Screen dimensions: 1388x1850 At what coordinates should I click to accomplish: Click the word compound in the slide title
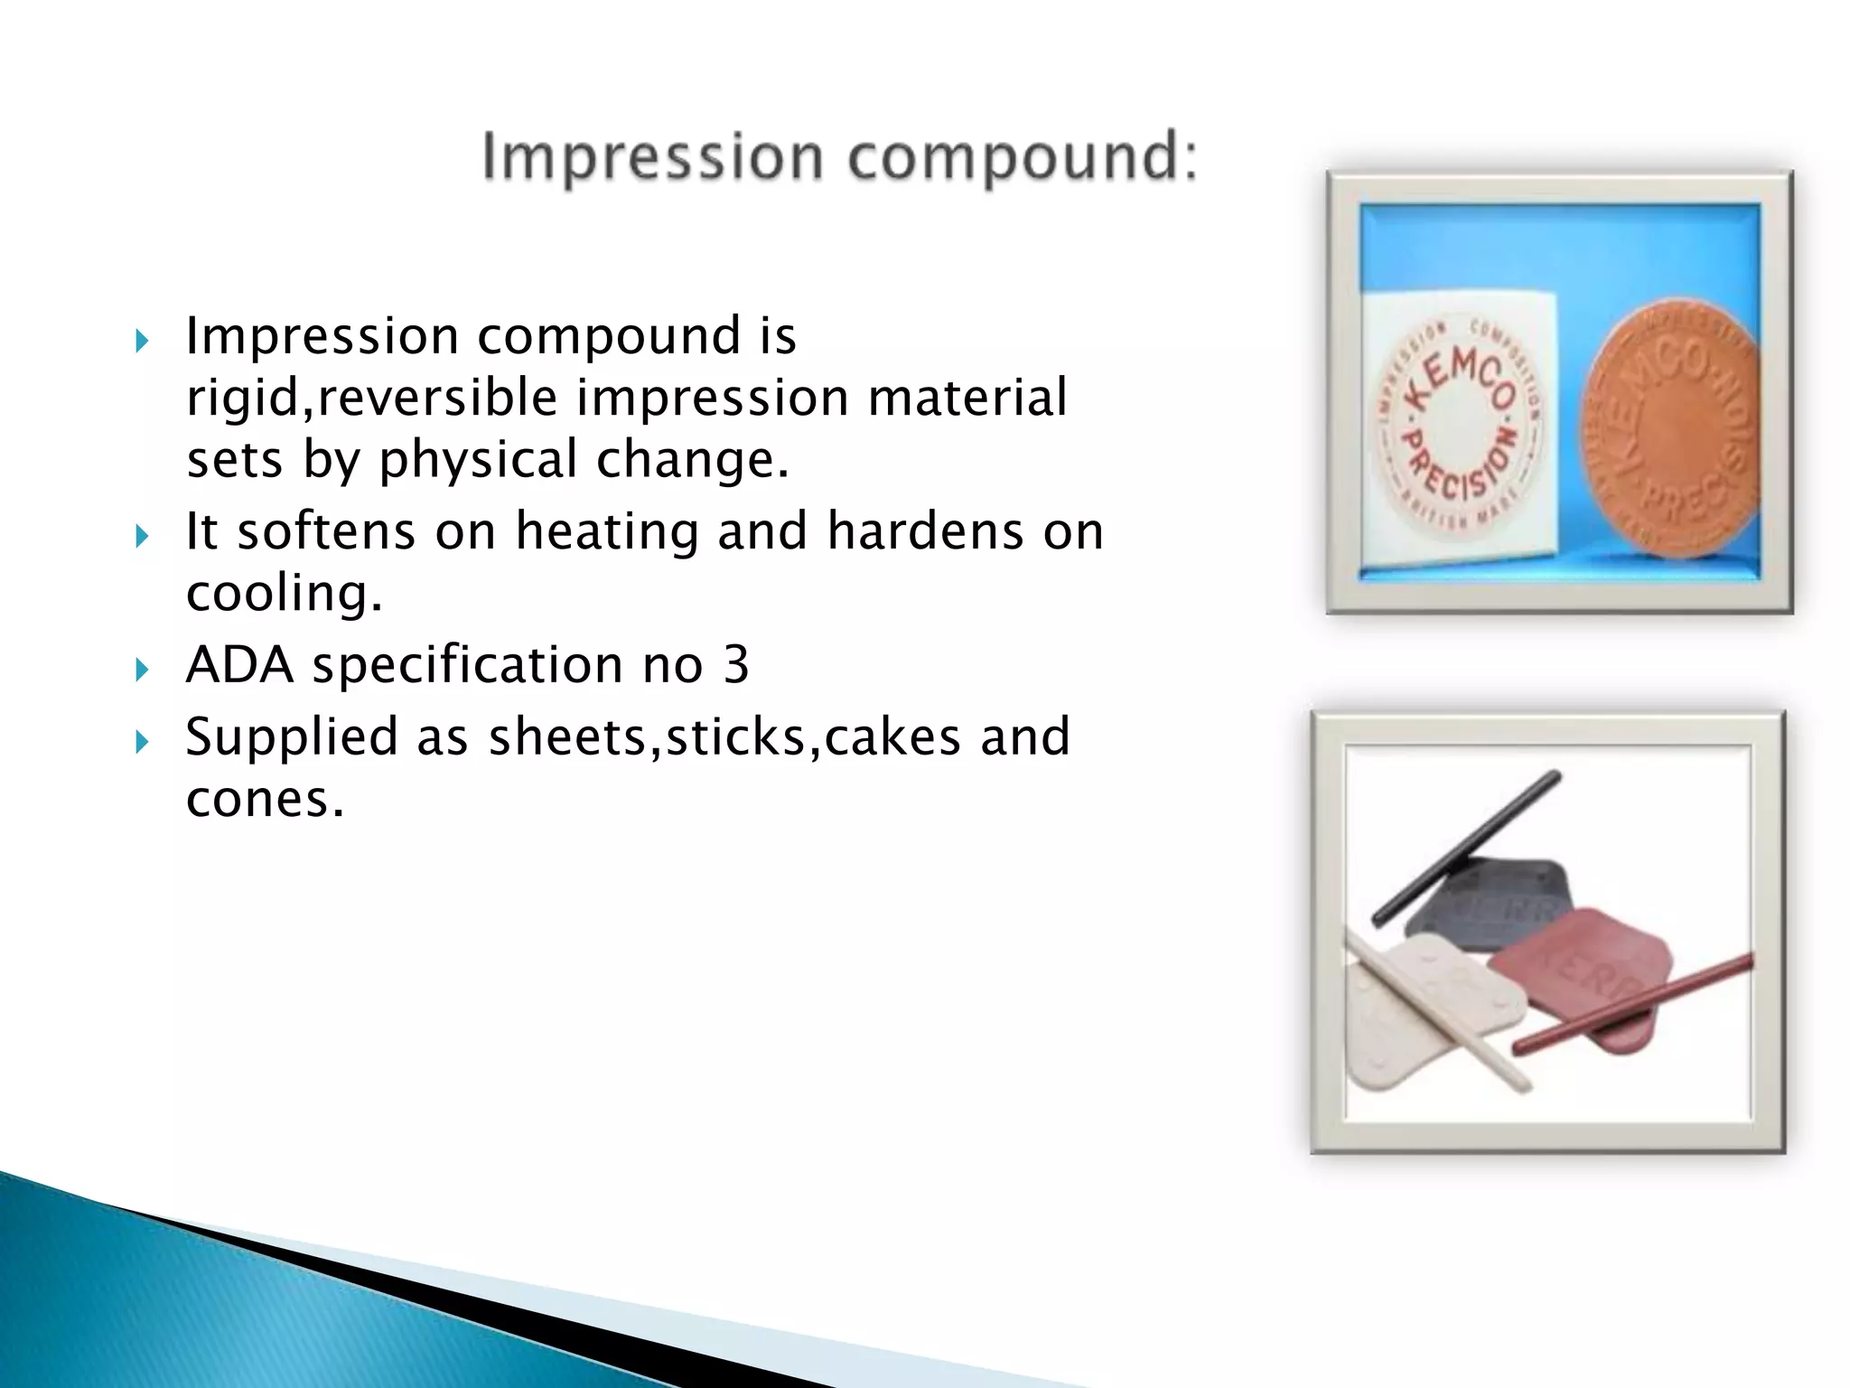[x=1021, y=158]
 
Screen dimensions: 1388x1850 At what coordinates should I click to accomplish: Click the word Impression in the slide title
[x=652, y=158]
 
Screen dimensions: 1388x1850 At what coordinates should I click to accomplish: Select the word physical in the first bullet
[x=477, y=461]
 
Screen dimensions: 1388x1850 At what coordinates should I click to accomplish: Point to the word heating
[x=607, y=531]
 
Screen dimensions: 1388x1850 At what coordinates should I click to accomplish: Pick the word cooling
[x=284, y=594]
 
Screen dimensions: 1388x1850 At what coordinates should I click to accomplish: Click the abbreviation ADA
[x=239, y=665]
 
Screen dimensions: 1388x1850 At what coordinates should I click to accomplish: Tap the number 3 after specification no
[x=736, y=665]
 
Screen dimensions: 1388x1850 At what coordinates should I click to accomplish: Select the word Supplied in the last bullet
[x=291, y=736]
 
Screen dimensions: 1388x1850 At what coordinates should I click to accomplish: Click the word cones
[x=264, y=799]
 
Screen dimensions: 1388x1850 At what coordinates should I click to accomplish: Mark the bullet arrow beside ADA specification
[x=141, y=670]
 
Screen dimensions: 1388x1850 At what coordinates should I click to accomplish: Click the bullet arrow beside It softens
[x=141, y=536]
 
